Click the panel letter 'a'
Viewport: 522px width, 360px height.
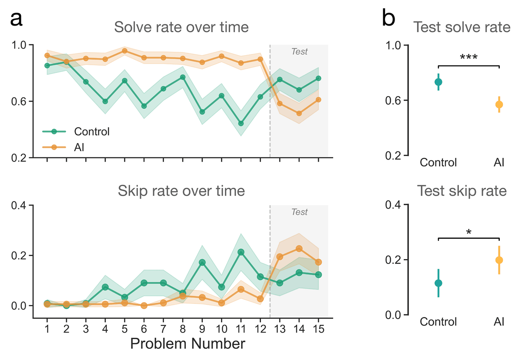click(16, 19)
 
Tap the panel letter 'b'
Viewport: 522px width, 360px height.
click(389, 19)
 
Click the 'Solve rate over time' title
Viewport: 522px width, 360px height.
click(181, 27)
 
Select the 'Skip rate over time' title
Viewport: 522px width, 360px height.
click(181, 191)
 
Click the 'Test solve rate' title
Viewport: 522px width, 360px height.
click(462, 27)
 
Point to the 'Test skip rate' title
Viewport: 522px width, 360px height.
click(462, 191)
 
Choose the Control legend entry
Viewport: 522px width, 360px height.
click(91, 131)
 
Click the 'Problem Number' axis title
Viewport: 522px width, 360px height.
click(187, 344)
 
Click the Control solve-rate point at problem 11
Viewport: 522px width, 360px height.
click(241, 123)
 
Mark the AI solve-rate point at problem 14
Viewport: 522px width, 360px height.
click(299, 113)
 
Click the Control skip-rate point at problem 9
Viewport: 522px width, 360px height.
click(202, 263)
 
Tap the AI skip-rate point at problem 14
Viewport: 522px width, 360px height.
click(299, 249)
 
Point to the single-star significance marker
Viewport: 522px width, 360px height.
click(469, 232)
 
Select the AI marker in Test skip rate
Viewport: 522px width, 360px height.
click(499, 260)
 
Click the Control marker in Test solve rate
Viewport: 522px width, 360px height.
click(438, 82)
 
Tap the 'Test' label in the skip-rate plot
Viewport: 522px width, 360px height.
click(299, 212)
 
